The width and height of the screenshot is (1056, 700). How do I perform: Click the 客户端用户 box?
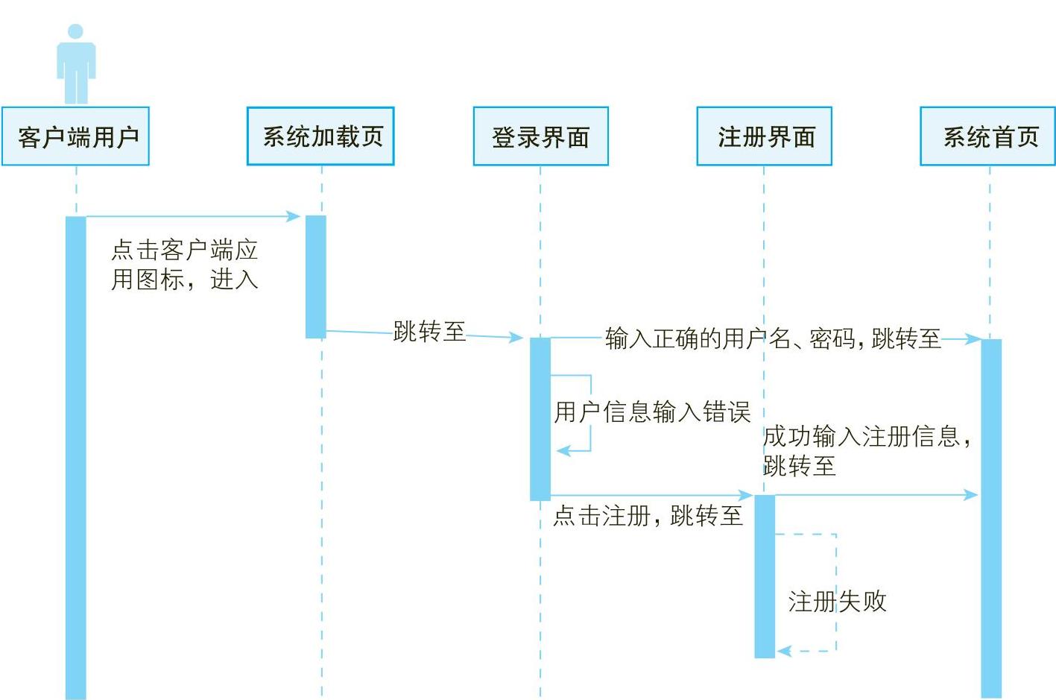tap(75, 136)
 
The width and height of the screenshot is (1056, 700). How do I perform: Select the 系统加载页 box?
tap(320, 136)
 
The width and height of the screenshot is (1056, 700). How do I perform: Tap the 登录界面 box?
tap(540, 136)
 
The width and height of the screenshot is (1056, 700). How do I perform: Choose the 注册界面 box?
tap(764, 136)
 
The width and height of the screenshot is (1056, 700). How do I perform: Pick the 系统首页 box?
tap(988, 136)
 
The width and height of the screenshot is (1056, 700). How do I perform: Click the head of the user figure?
tap(75, 31)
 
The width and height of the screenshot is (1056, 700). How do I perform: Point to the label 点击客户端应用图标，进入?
tap(184, 265)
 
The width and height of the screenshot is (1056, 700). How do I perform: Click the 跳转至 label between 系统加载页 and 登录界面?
tap(429, 331)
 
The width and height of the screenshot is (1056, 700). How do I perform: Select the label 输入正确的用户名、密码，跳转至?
tap(772, 338)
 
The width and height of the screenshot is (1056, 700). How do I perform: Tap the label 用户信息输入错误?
tap(652, 412)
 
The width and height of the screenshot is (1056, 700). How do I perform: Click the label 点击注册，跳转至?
tap(648, 515)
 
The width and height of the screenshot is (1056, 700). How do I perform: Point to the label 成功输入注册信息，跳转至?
tap(866, 450)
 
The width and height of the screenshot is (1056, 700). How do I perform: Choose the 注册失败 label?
tap(837, 601)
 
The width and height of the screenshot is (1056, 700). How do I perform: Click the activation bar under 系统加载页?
tap(316, 277)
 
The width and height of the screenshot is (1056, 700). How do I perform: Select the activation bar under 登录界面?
tap(540, 418)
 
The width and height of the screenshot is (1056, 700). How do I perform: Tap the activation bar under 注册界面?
tap(765, 576)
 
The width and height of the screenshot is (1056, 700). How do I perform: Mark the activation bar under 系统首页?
tap(991, 518)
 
